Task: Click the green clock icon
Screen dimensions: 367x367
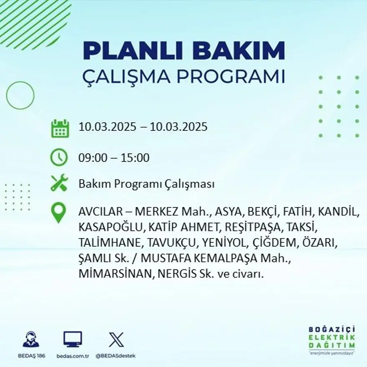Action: [x=59, y=158]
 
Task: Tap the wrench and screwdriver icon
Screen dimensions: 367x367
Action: [x=59, y=183]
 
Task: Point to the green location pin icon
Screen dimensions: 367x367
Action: [x=58, y=212]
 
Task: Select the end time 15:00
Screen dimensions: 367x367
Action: [x=135, y=158]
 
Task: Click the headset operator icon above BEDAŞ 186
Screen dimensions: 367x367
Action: [x=30, y=339]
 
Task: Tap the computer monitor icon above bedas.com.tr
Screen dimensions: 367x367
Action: [x=73, y=339]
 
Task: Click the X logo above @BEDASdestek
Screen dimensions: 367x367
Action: [x=116, y=339]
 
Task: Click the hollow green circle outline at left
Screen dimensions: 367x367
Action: [x=20, y=96]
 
